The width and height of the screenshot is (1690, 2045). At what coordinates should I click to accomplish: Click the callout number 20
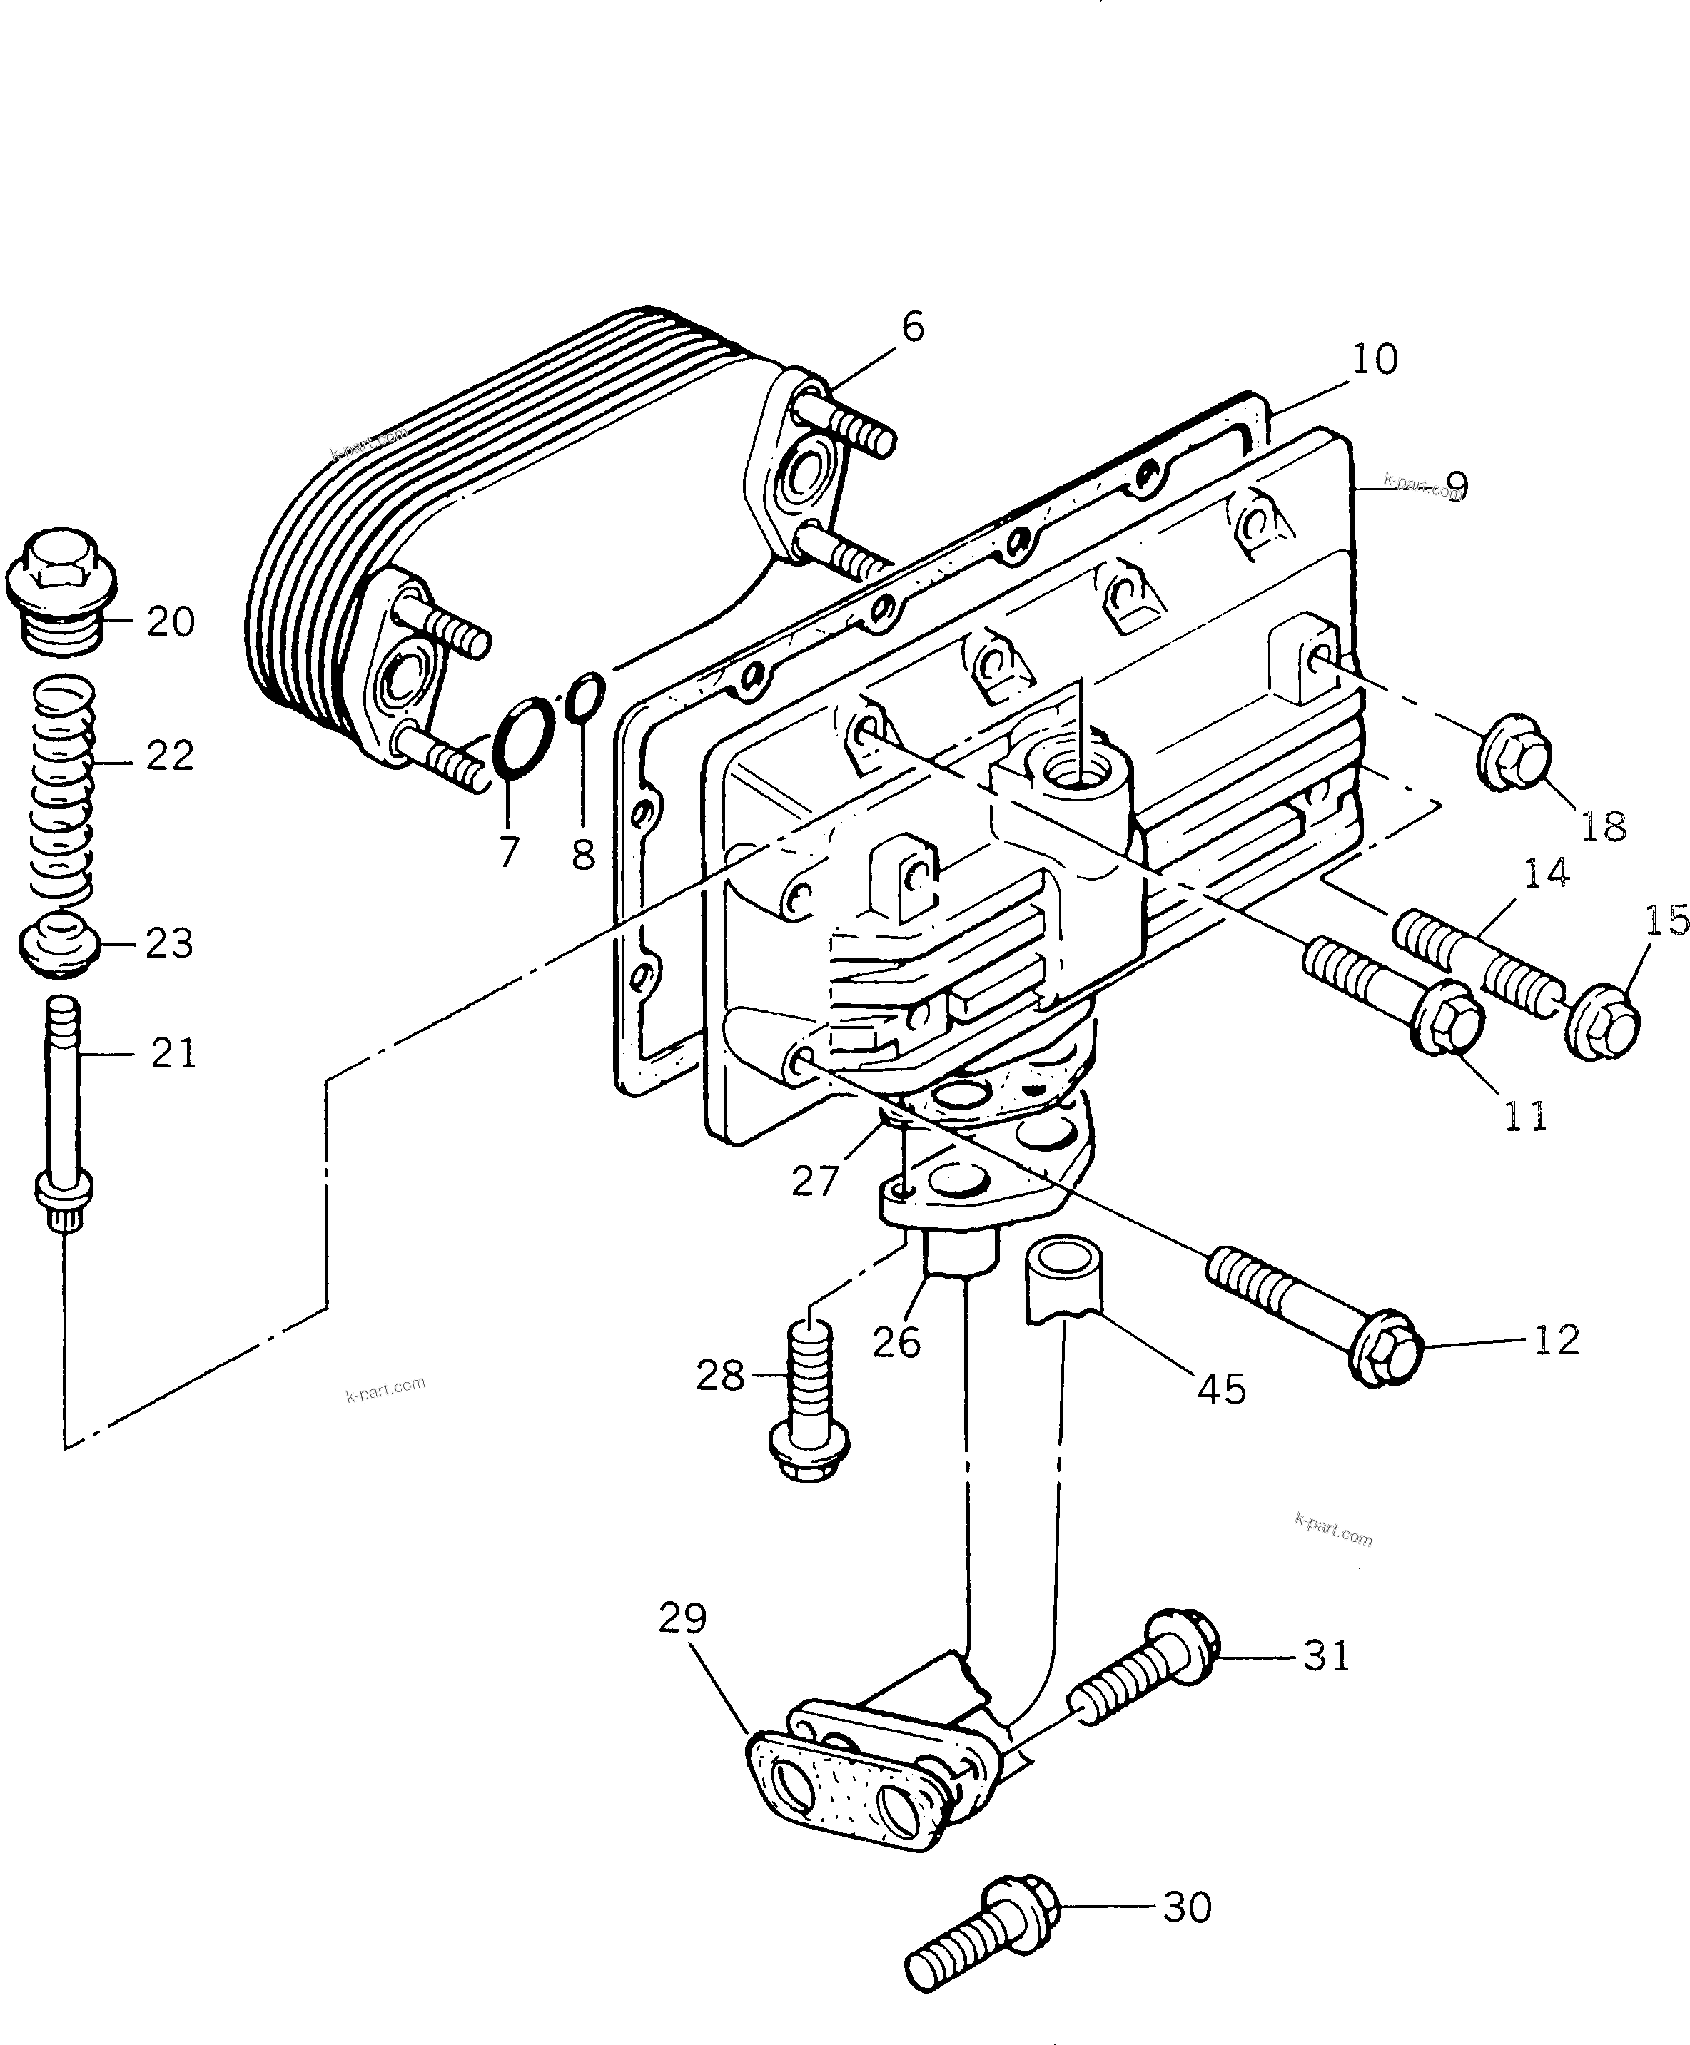[171, 622]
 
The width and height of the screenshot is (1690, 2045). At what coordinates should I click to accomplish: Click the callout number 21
[173, 1053]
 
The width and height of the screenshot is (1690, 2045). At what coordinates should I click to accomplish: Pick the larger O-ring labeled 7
[525, 738]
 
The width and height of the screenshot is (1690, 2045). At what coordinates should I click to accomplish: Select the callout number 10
[1375, 360]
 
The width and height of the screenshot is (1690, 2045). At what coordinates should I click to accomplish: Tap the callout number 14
[1546, 873]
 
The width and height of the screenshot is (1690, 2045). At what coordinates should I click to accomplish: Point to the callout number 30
[1187, 1908]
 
